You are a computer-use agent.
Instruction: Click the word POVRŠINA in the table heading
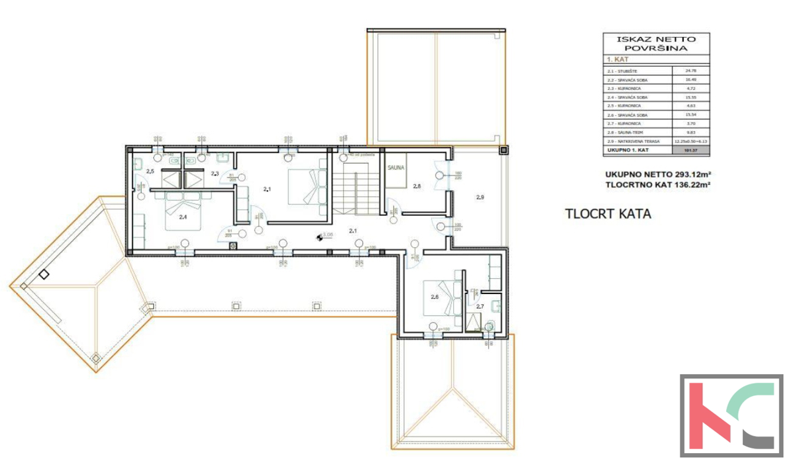click(656, 48)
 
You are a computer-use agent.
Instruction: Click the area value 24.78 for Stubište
click(690, 69)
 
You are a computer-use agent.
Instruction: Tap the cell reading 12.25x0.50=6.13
click(690, 142)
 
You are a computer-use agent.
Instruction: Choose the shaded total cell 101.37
click(690, 151)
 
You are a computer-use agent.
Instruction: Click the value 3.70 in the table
click(690, 123)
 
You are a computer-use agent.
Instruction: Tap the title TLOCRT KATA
click(608, 214)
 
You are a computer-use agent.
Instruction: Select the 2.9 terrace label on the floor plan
click(480, 197)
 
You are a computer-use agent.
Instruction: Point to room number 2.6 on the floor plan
click(435, 297)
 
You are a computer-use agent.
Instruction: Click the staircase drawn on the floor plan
click(356, 192)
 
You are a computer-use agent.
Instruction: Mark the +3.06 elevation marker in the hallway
click(324, 235)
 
